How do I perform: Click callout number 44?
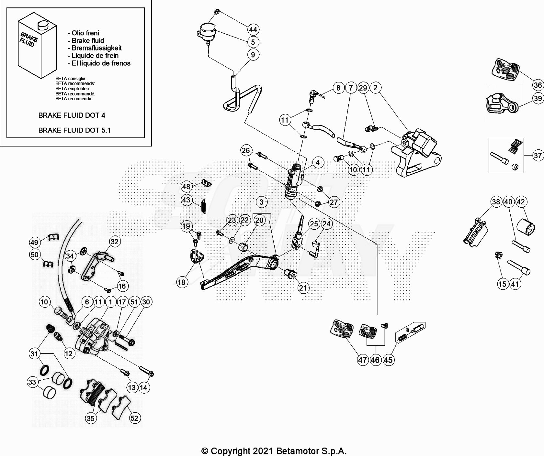[253, 30]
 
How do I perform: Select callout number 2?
[375, 88]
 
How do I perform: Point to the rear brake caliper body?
[418, 152]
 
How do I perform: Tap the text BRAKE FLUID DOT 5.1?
[74, 130]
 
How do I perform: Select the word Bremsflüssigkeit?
[96, 48]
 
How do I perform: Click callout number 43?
[186, 200]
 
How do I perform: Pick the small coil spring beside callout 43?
[204, 207]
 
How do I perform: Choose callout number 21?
[303, 288]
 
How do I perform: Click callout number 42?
[521, 202]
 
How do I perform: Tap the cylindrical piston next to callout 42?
[525, 227]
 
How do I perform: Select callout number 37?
[538, 156]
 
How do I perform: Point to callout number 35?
[91, 418]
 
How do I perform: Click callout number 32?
[114, 241]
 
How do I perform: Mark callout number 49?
[34, 242]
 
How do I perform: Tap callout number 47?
[362, 360]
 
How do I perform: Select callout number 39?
[538, 98]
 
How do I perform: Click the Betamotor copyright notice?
[274, 451]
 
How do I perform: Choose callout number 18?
[181, 282]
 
